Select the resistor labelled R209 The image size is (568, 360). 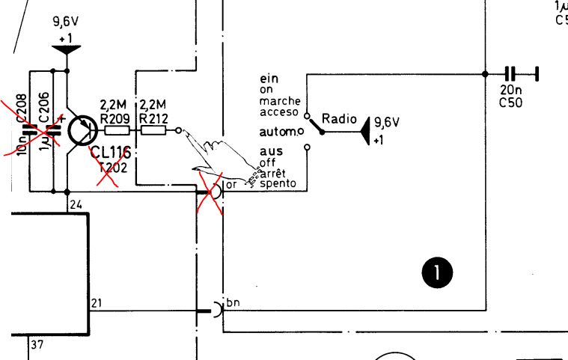(117, 130)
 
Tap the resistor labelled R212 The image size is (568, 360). (154, 130)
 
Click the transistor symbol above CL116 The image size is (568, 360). (80, 130)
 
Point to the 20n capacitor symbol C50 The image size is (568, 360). (511, 73)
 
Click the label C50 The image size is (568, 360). (509, 103)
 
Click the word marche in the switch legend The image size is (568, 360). (281, 101)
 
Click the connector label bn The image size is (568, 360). (231, 302)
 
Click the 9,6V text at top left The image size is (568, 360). (66, 21)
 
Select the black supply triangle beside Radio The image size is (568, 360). (366, 132)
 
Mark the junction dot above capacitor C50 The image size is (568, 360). (485, 73)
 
